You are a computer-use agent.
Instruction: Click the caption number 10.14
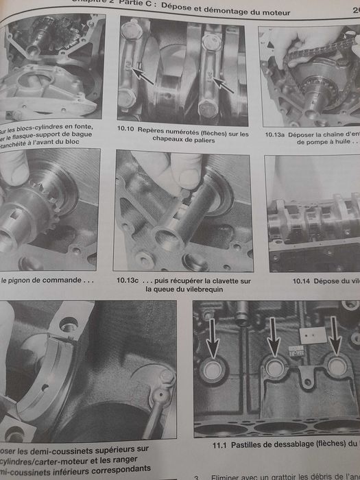(304, 281)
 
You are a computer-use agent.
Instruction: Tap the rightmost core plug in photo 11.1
(336, 365)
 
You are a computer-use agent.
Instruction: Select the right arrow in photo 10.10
(224, 85)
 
